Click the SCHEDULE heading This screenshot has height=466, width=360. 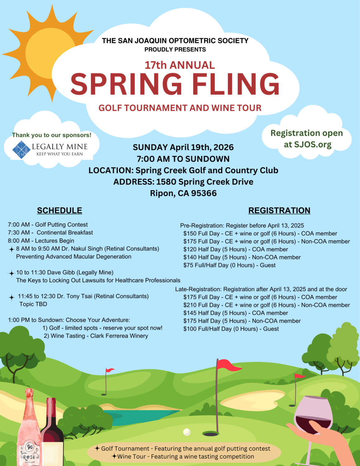point(59,210)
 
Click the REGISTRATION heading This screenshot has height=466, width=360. point(279,210)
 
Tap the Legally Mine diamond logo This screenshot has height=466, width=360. point(21,150)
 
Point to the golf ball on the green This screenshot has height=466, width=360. point(187,432)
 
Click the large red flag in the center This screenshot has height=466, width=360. point(228,365)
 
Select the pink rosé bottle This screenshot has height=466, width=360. point(29,432)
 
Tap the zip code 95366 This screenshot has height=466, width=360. point(204,193)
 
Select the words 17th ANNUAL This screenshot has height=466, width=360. point(180,65)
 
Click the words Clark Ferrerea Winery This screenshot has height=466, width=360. point(119,336)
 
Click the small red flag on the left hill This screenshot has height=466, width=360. point(110,370)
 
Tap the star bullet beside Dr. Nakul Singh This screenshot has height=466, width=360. point(11,249)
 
